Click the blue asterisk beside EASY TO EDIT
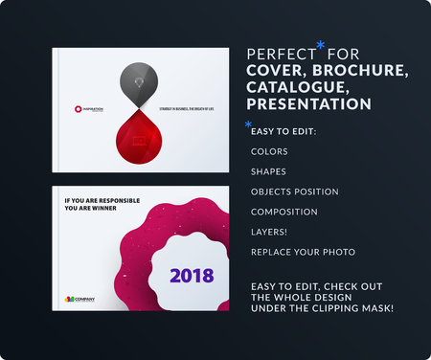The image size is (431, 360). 249,124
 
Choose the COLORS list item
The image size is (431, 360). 267,151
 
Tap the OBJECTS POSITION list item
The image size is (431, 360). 293,191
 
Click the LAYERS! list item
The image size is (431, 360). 267,232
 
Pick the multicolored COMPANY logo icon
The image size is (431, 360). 67,297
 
